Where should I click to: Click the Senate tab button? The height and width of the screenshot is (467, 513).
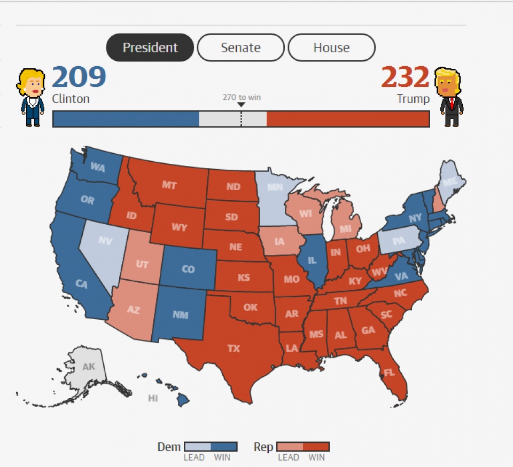(240, 48)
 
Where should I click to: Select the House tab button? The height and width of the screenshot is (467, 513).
(331, 48)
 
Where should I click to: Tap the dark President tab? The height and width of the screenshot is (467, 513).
(150, 48)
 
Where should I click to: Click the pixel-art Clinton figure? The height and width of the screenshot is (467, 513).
(32, 97)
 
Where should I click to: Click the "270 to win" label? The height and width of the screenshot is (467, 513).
(242, 98)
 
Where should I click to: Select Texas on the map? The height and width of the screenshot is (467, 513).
(234, 349)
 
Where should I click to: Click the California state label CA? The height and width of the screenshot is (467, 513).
(81, 284)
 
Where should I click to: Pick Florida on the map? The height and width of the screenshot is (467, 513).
(389, 372)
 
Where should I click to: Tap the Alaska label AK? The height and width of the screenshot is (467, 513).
(89, 367)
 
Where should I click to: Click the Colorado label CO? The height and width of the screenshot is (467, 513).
(188, 269)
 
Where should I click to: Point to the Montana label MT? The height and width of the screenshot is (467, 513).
(169, 185)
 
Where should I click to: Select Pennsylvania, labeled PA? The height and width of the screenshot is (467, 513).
(399, 241)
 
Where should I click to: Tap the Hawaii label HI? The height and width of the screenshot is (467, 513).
(153, 398)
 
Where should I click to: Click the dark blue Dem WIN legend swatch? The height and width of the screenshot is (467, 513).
(224, 447)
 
